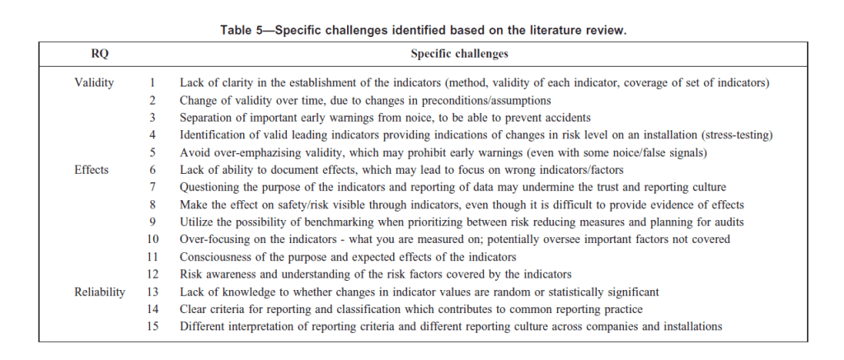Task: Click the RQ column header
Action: pos(99,54)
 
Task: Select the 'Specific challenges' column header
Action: pos(458,54)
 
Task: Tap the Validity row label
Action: pos(94,82)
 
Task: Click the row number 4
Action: pos(152,134)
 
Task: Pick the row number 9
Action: pos(152,222)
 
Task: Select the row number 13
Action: pos(152,292)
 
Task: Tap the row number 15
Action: pos(152,326)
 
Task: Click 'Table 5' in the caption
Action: pos(245,30)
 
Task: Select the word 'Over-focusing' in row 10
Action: pos(214,239)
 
